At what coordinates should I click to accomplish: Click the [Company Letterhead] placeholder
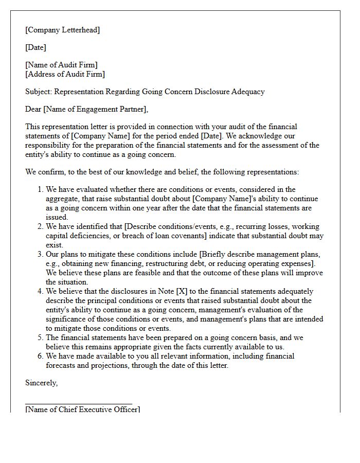[62, 30]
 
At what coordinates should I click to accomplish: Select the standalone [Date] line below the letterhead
[35, 47]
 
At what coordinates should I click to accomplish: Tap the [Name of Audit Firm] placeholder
[61, 65]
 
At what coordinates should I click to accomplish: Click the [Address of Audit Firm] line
[65, 74]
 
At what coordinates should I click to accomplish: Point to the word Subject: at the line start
[39, 92]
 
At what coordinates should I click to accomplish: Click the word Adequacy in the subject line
[247, 92]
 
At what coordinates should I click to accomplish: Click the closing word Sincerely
[41, 383]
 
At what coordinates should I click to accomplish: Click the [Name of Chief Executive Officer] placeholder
[82, 409]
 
